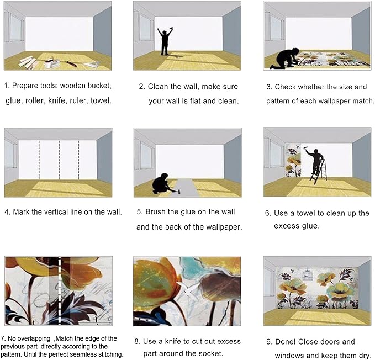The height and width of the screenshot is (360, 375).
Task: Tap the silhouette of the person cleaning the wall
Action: point(165,41)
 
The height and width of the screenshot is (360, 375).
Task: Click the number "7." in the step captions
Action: point(4,337)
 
